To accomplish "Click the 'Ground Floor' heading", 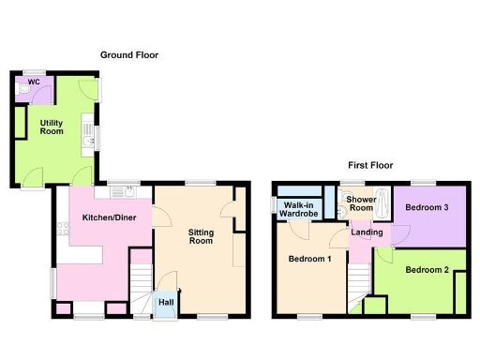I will [129, 55].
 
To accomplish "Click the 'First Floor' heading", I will [367, 164].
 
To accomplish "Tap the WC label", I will [34, 82].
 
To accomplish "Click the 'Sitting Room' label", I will [202, 236].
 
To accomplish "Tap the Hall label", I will [165, 302].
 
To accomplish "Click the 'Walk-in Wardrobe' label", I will [299, 209].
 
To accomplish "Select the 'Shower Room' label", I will [361, 204].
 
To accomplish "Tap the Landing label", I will [365, 233].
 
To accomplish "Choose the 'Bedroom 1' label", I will [308, 259].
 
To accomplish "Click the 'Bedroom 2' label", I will [427, 270].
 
